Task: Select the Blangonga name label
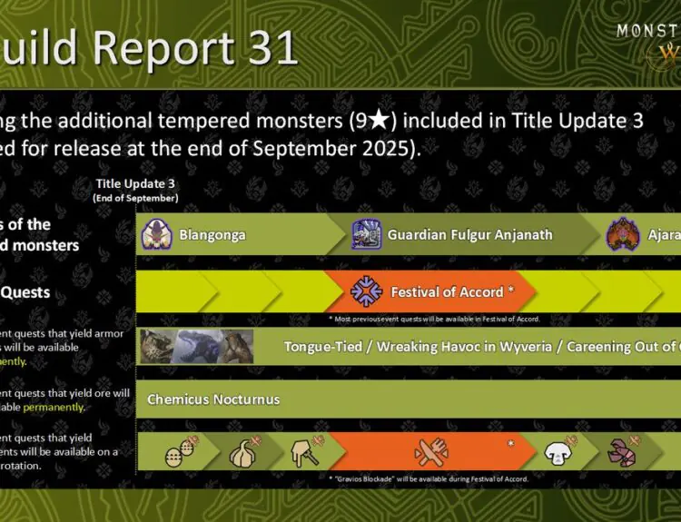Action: [x=212, y=235]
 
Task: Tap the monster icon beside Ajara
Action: [x=622, y=234]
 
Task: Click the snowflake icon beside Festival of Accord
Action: [x=366, y=291]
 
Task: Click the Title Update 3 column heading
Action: [x=136, y=184]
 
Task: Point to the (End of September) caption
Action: [x=136, y=198]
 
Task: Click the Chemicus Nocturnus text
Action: [x=213, y=399]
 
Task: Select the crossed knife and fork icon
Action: [x=429, y=451]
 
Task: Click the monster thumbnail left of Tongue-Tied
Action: [x=196, y=346]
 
